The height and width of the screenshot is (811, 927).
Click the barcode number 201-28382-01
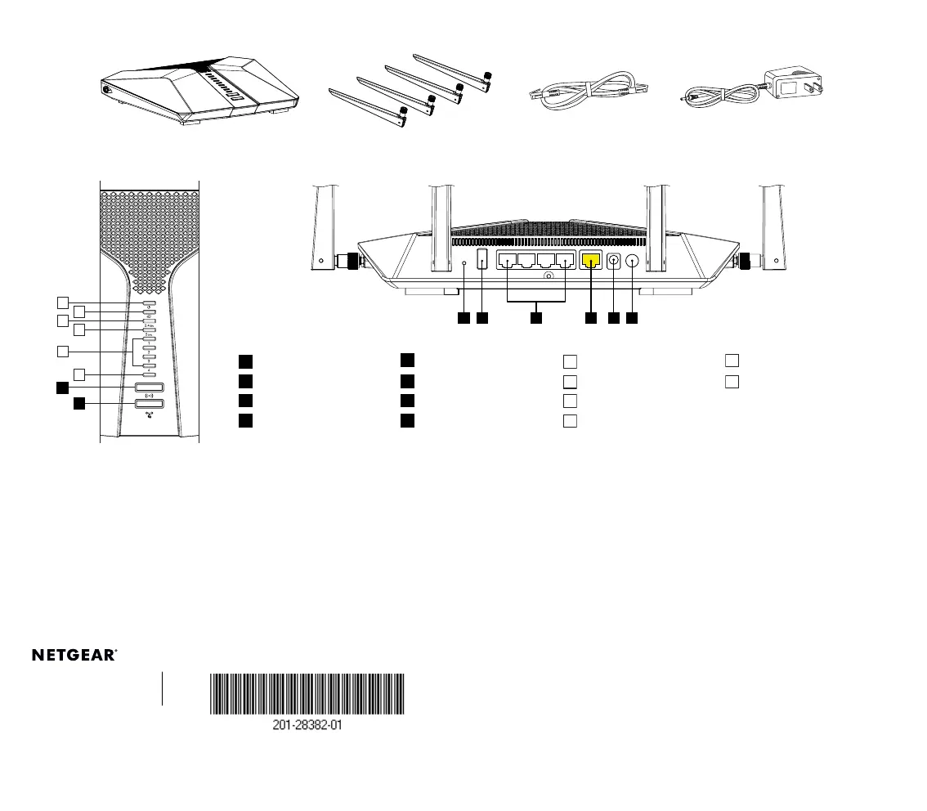(x=307, y=725)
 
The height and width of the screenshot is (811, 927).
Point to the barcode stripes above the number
(x=307, y=694)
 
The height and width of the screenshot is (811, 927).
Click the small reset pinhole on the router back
(x=464, y=263)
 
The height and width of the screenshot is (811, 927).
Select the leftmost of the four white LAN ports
(x=508, y=262)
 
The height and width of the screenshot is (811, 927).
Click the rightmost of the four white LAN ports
(x=564, y=262)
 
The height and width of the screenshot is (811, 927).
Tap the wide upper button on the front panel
(x=150, y=388)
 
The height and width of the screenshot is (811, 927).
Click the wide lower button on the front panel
(x=150, y=403)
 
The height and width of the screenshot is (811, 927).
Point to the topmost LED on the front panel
(x=150, y=302)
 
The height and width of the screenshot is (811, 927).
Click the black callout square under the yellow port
(x=591, y=317)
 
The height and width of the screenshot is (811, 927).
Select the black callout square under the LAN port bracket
(x=536, y=317)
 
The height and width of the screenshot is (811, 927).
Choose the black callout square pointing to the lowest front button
(x=78, y=403)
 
